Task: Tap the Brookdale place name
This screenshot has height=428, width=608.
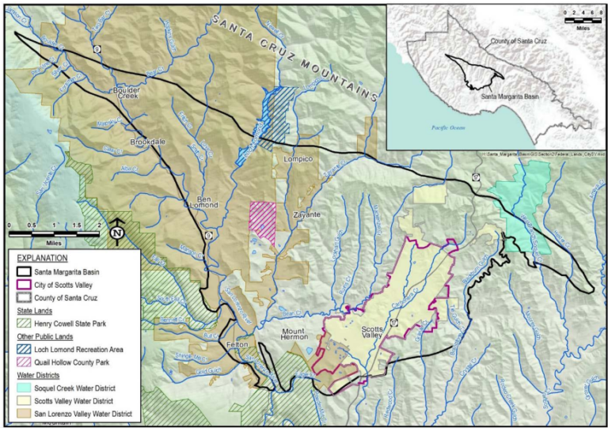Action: [148, 142]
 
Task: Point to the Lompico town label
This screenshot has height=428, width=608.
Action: [298, 160]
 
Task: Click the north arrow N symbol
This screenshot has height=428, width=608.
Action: [116, 232]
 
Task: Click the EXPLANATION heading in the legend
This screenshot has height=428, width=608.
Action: [40, 258]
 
